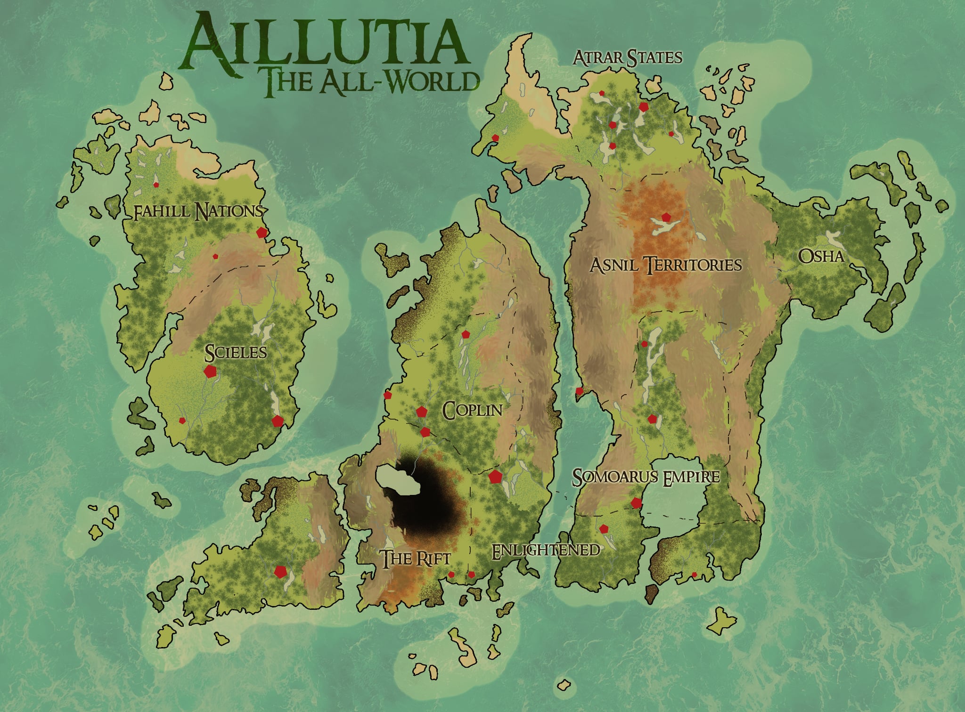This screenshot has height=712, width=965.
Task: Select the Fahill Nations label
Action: [197, 212]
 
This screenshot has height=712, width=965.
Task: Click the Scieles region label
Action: [236, 352]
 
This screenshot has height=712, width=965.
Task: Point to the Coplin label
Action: [473, 411]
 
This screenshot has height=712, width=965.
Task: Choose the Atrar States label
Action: [627, 58]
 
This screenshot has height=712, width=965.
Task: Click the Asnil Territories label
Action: [666, 265]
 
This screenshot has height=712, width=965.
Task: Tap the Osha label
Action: [821, 257]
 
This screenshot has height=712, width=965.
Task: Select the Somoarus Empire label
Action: [646, 477]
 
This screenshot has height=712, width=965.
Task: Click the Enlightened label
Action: [545, 550]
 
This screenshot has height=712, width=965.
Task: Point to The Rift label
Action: [416, 559]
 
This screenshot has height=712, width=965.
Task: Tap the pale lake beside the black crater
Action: [398, 479]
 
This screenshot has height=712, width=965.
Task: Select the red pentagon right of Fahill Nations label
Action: [261, 232]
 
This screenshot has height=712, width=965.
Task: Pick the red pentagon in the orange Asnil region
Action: [665, 217]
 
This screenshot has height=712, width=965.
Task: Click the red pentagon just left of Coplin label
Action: [421, 412]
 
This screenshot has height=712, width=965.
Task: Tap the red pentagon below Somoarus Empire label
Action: [636, 503]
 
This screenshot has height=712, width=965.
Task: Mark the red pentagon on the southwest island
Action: [280, 572]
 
